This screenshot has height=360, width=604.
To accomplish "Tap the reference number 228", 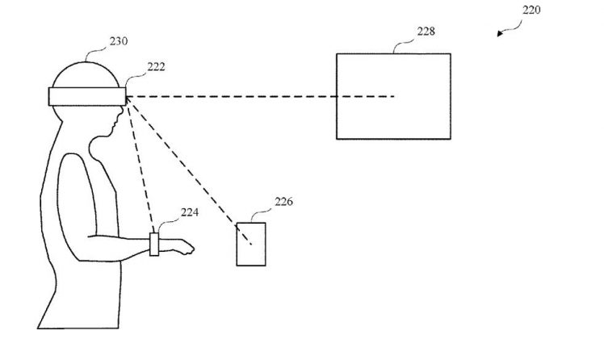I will click(x=426, y=31).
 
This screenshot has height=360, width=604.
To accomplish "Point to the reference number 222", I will click(x=157, y=67).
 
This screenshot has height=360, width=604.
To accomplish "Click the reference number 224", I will click(x=189, y=214).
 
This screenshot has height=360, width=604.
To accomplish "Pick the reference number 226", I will click(x=283, y=202).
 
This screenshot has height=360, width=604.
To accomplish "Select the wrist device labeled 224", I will click(x=154, y=244).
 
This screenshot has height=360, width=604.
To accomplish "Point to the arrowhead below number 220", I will click(x=500, y=34).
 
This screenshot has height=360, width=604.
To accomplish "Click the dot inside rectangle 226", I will click(x=251, y=244).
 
